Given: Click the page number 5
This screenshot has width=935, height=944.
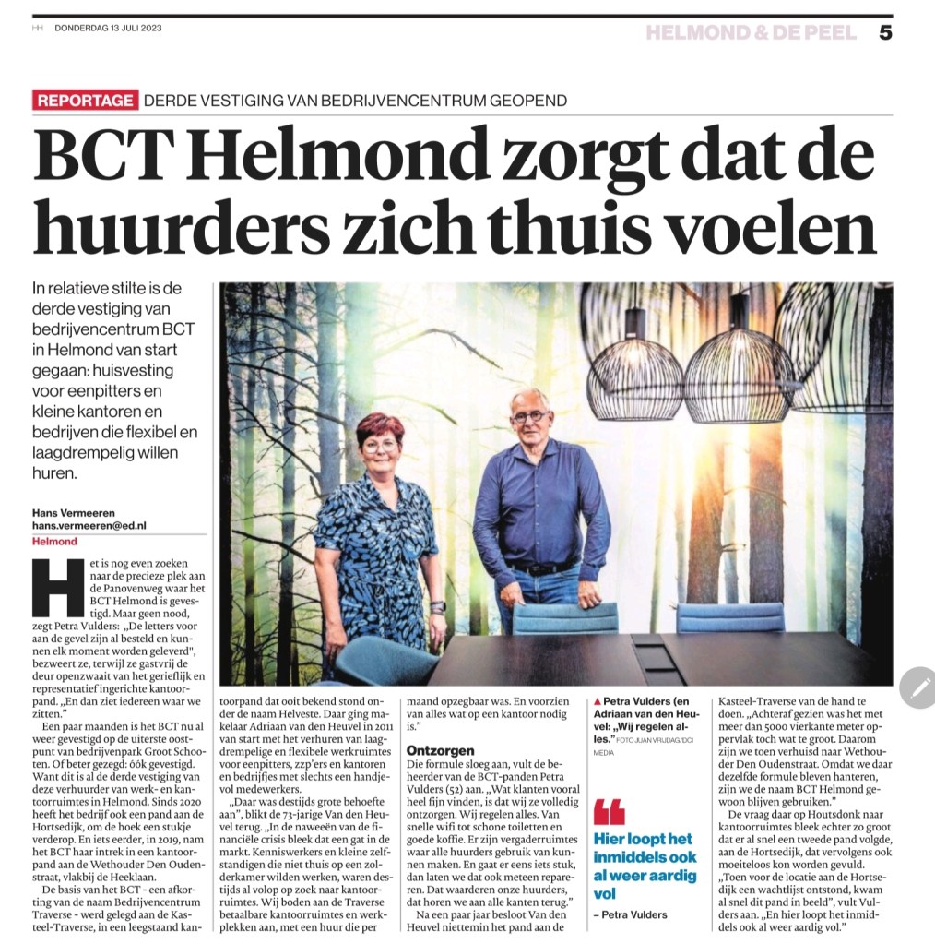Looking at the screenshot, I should pyautogui.click(x=885, y=33).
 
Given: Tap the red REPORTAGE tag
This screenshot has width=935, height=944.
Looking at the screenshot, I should pyautogui.click(x=85, y=101).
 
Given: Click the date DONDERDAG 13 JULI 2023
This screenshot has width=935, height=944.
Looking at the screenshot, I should pyautogui.click(x=109, y=27).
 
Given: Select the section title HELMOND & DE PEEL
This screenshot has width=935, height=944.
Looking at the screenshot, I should pyautogui.click(x=751, y=33).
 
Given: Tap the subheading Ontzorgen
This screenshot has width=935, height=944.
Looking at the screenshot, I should pyautogui.click(x=441, y=751).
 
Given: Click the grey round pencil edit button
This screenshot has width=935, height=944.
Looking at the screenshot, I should pyautogui.click(x=917, y=687).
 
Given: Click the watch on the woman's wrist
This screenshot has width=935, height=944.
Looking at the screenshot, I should pyautogui.click(x=437, y=607).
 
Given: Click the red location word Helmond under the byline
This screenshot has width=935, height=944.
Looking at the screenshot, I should pyautogui.click(x=53, y=542).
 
